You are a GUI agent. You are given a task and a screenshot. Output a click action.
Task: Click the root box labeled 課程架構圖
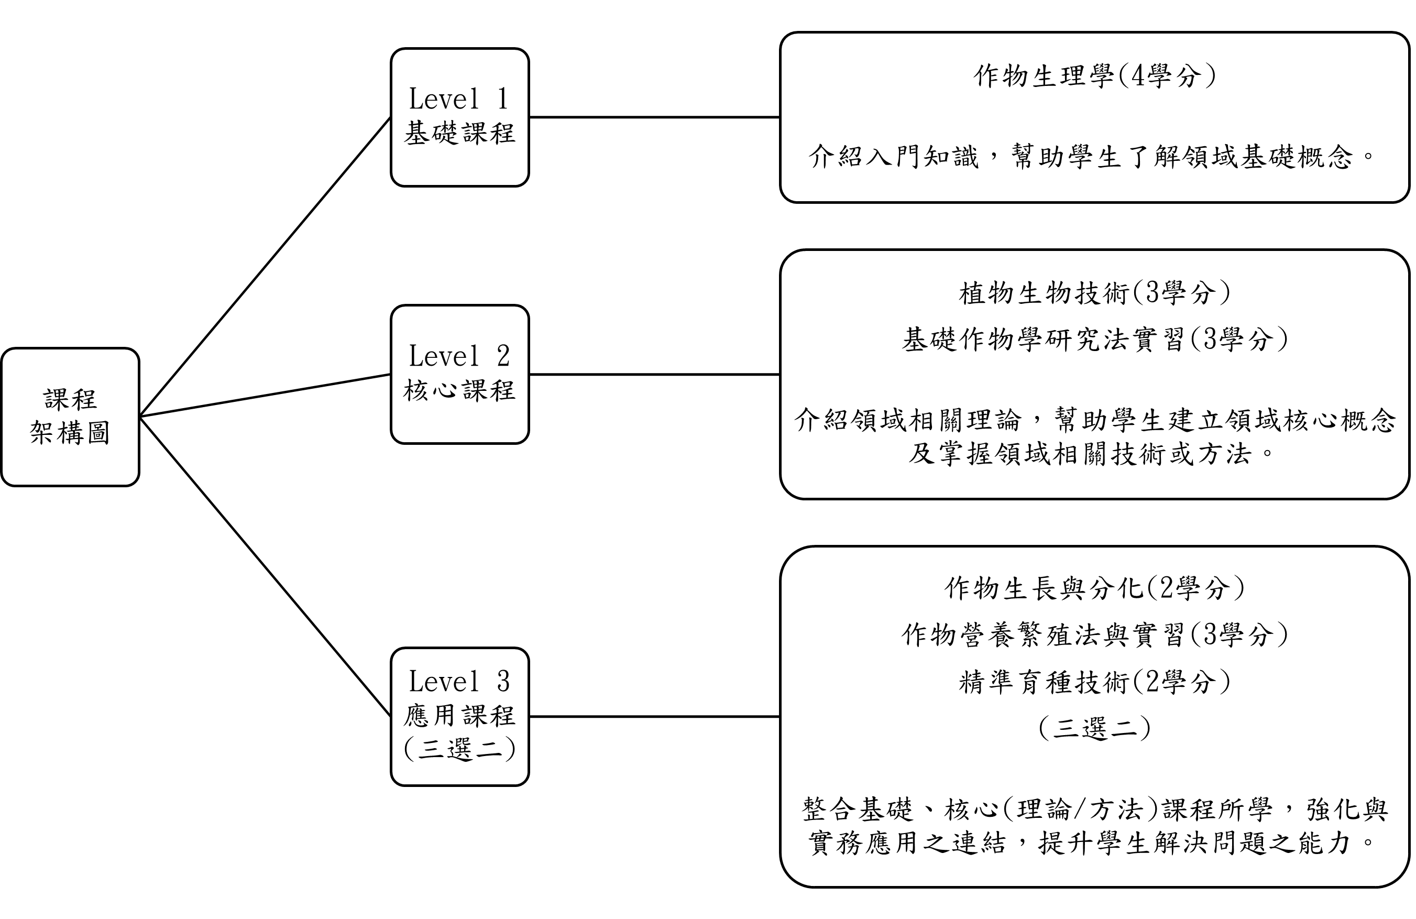(x=70, y=417)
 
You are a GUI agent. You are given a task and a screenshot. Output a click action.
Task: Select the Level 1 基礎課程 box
(x=459, y=117)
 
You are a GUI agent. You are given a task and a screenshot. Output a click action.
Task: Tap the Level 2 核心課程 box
(x=459, y=375)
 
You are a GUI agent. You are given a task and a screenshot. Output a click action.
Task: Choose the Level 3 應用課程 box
(x=459, y=717)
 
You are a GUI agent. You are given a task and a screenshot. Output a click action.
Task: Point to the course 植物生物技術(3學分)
(x=1094, y=293)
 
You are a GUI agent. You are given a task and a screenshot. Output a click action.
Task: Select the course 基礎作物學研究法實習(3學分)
(x=1094, y=340)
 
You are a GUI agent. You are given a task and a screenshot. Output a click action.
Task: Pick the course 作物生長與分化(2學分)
(x=1094, y=588)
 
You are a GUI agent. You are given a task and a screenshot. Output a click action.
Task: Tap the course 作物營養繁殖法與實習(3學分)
(x=1094, y=634)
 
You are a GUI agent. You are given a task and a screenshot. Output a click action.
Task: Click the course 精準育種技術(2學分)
(x=1094, y=681)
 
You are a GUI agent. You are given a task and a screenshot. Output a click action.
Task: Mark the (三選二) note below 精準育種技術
(x=1094, y=727)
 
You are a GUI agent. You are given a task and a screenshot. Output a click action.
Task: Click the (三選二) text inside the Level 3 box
(x=459, y=749)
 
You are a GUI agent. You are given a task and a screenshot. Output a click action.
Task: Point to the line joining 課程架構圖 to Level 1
(x=265, y=267)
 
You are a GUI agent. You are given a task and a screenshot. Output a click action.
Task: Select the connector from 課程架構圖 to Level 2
(x=265, y=395)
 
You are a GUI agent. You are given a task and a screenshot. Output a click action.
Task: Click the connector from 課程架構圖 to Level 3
(x=265, y=566)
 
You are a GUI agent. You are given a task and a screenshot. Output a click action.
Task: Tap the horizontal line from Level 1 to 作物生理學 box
(x=654, y=117)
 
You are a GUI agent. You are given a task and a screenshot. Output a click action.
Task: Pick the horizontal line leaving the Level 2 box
(x=654, y=375)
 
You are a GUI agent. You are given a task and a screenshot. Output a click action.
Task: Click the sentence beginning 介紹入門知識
(x=1094, y=157)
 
